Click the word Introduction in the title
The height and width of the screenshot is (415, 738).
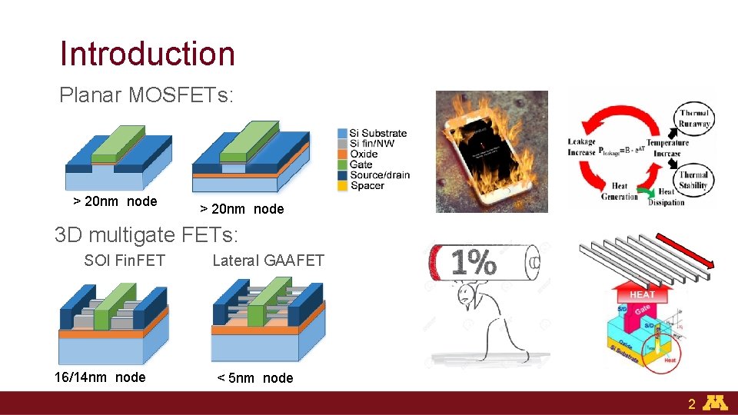coord(148,54)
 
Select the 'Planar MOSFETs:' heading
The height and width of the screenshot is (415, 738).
coord(147,95)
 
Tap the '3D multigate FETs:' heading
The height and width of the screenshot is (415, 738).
coord(147,234)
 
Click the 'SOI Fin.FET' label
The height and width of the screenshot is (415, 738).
coord(125,261)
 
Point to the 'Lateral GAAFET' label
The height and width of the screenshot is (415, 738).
coord(268,261)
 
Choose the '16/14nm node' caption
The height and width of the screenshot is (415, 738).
coord(100,377)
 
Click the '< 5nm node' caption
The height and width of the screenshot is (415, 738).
coord(255,377)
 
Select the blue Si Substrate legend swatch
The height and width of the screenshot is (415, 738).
coord(343,133)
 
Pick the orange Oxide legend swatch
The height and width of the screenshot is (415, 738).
coord(343,154)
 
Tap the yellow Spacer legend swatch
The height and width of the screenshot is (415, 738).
coord(343,185)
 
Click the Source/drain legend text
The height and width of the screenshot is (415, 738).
coord(380,174)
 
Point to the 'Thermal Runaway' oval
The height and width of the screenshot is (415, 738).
coord(695,118)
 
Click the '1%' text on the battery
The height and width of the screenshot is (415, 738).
coord(474,263)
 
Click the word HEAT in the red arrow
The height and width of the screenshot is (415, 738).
coord(643,294)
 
